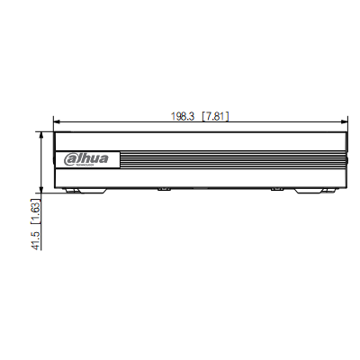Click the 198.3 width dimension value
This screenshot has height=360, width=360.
point(184,116)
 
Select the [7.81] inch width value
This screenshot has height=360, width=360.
point(217,116)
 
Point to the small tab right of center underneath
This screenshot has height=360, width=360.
point(276,190)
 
